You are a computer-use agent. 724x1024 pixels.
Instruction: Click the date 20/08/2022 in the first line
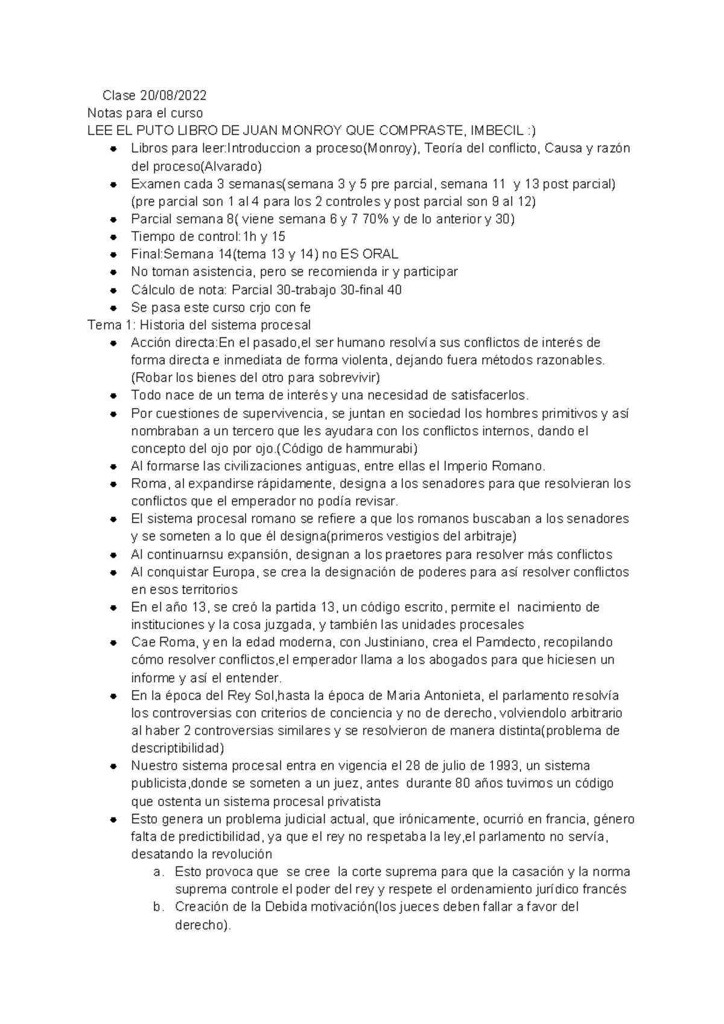pyautogui.click(x=173, y=95)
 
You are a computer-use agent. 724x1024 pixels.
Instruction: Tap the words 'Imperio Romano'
pyautogui.click(x=493, y=466)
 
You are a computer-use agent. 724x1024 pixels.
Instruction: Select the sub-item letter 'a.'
pyautogui.click(x=158, y=872)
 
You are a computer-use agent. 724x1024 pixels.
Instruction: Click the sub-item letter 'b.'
pyautogui.click(x=158, y=907)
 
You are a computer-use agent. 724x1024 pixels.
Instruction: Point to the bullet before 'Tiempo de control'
pyautogui.click(x=113, y=237)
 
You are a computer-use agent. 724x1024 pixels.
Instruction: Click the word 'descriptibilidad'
pyautogui.click(x=177, y=748)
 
